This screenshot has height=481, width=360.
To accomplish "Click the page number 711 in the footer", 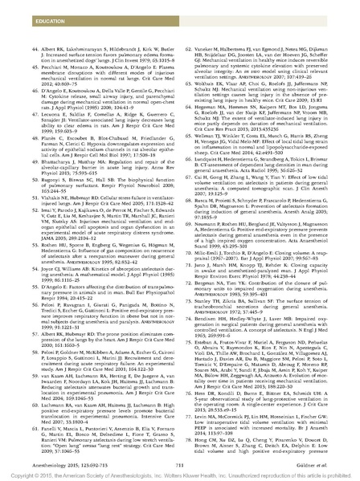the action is pos(179,451).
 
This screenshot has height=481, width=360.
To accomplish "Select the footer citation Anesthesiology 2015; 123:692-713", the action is pos(57,451).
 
